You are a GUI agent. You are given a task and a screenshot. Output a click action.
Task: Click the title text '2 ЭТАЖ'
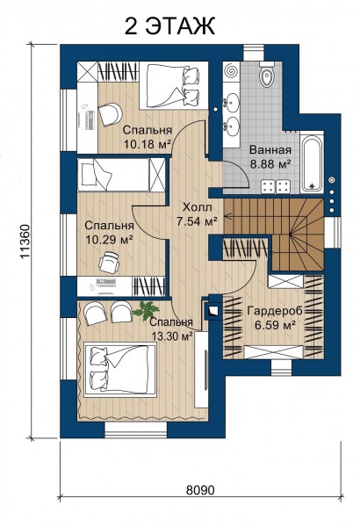[x=169, y=25]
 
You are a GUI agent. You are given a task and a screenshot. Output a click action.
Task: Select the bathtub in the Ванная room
[x=313, y=163]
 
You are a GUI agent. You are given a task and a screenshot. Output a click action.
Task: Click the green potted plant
[x=146, y=311]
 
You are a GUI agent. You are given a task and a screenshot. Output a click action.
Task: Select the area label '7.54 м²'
[x=197, y=221]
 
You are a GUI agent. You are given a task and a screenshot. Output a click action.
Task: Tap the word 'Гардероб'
[x=275, y=311]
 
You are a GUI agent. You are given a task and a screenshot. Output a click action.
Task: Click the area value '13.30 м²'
[x=172, y=336]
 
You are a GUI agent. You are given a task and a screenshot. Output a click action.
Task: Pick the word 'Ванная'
[x=270, y=150]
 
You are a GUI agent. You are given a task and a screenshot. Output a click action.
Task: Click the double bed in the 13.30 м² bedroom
[x=120, y=370]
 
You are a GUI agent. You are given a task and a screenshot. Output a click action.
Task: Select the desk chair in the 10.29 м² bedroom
[x=109, y=262]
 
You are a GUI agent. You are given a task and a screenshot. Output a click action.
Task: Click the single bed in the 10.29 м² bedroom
[x=121, y=175]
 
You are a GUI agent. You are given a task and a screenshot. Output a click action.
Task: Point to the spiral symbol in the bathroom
[x=231, y=72]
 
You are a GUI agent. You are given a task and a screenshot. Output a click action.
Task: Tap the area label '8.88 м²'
[x=270, y=164]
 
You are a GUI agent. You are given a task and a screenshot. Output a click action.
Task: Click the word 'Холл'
[x=197, y=207]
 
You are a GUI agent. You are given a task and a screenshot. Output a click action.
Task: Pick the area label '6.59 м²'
[x=275, y=325]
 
